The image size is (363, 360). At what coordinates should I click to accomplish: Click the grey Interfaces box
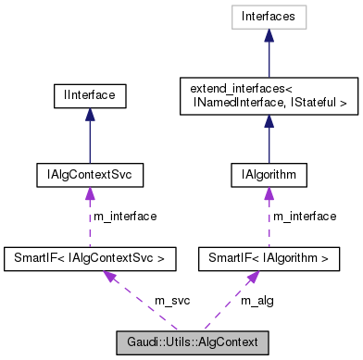click(268, 16)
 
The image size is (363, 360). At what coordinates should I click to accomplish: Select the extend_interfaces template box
click(268, 96)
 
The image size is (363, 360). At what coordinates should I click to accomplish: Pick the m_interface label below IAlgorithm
click(303, 216)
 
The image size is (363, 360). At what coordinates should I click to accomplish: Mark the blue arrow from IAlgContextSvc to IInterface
click(90, 134)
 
